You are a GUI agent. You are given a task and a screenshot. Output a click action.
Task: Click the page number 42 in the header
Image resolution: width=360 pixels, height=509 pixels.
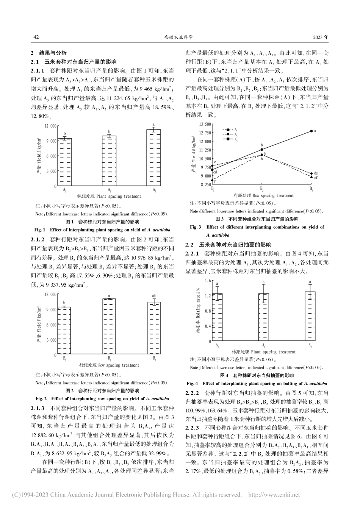coord(36,37)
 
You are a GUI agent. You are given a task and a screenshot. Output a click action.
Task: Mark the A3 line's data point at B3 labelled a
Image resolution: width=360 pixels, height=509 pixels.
coord(311,131)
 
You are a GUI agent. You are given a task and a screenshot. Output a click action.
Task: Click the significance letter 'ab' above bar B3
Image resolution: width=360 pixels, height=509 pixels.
coord(154,296)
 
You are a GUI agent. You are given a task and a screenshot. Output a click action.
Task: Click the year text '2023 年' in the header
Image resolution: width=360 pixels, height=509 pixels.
coord(321,37)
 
